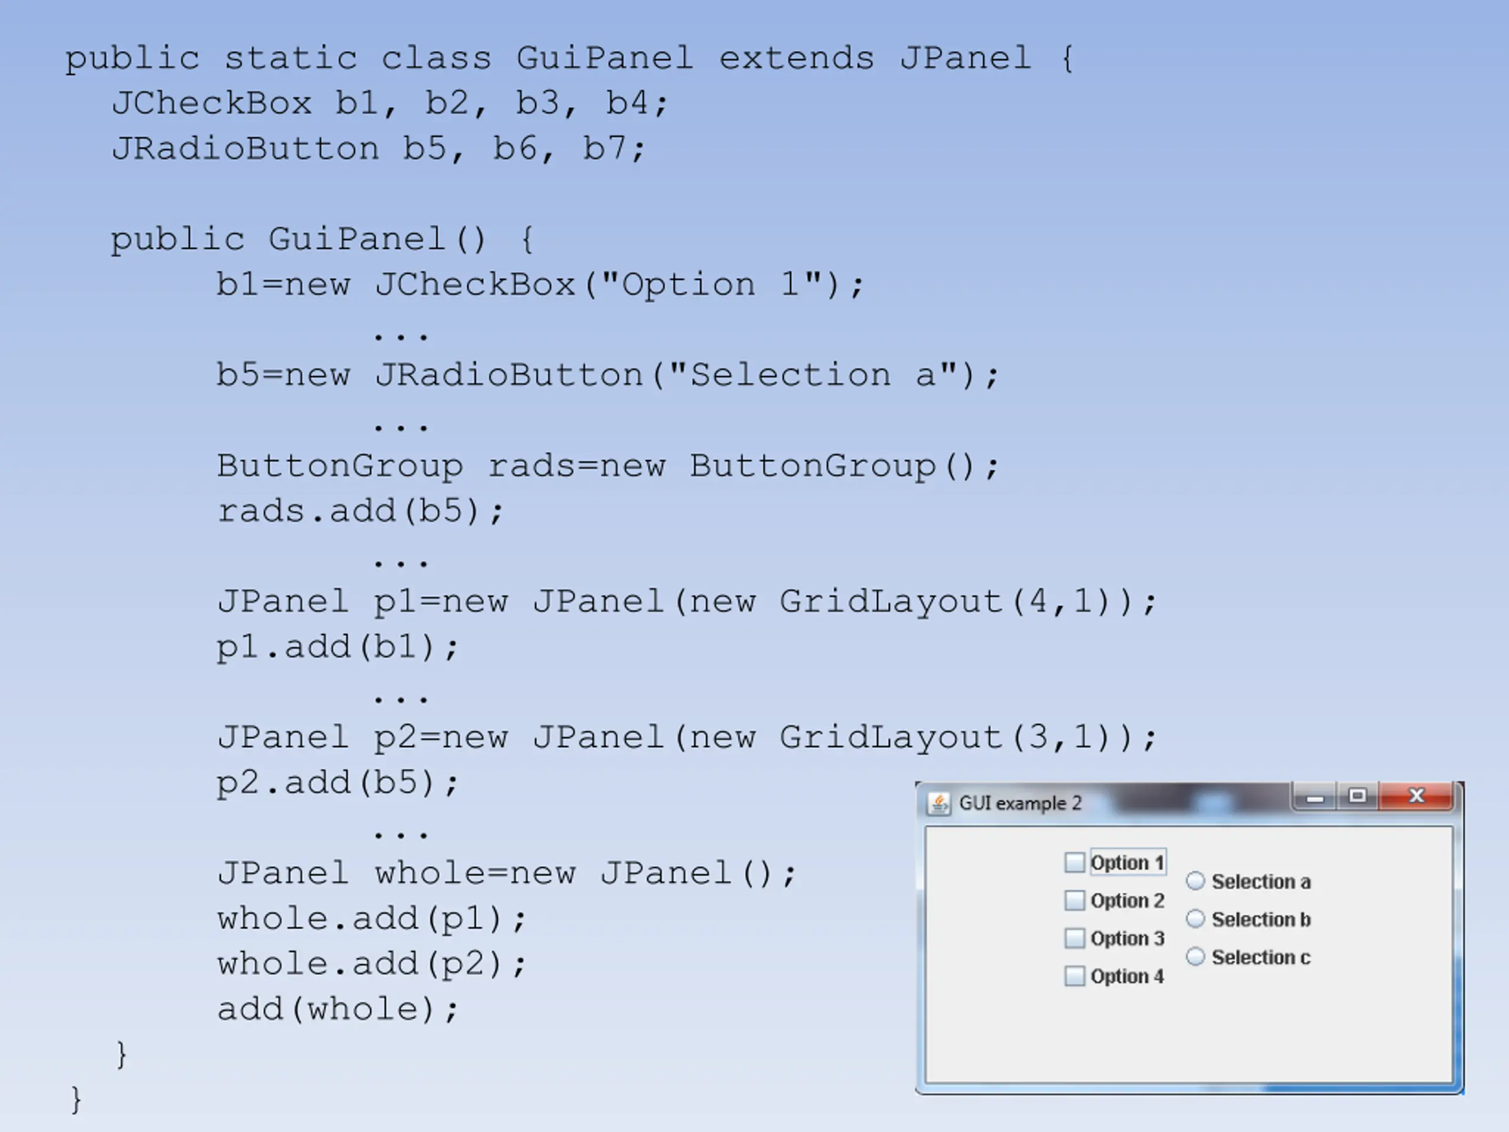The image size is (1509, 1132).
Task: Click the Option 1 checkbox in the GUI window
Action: (x=1075, y=863)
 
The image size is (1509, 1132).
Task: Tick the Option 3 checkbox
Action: (x=1075, y=938)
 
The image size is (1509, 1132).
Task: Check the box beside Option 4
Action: (x=1075, y=976)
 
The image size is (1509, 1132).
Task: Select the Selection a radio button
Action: (x=1195, y=881)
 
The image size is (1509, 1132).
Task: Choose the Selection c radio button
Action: (x=1195, y=957)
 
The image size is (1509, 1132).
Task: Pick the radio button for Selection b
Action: (x=1195, y=919)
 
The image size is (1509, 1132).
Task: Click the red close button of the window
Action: (x=1416, y=795)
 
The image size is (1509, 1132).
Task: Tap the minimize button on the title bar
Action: (x=1315, y=797)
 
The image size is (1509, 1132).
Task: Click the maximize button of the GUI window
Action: (x=1358, y=795)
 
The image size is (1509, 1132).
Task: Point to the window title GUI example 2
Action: (x=1020, y=803)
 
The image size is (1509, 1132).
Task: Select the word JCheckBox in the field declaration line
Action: (x=212, y=104)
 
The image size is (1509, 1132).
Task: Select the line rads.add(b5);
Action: (x=360, y=511)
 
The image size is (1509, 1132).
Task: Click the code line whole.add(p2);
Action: (x=371, y=964)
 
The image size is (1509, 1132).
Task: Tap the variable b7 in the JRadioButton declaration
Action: (x=604, y=149)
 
